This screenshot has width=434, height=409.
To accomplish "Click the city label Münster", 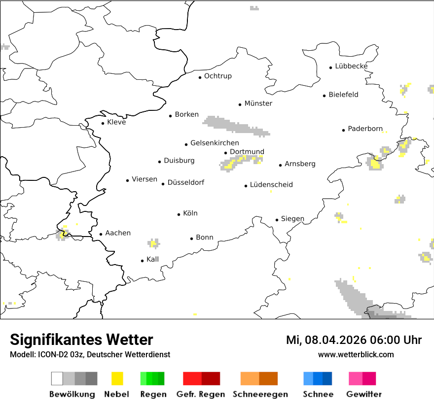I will click(258, 103).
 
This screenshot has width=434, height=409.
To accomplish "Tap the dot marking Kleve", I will click(103, 123).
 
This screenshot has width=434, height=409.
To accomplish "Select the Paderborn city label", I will click(365, 129).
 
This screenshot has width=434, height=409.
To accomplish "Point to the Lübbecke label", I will click(351, 66).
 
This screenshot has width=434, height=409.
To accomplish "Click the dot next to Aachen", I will click(101, 235).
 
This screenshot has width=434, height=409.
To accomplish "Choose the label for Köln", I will click(190, 213).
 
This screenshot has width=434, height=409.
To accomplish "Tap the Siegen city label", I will click(292, 219).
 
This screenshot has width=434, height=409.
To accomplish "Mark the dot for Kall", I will click(142, 261).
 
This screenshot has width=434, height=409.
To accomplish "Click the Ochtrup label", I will click(217, 76).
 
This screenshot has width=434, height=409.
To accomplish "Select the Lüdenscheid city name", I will click(271, 185).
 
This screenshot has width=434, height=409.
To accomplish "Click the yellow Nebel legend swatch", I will click(117, 378).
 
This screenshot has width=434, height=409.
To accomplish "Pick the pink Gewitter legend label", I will click(363, 394).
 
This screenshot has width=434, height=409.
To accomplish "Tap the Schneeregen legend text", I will click(260, 394).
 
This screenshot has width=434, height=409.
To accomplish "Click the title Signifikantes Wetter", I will click(81, 340).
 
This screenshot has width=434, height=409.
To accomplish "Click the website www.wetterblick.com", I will click(356, 355).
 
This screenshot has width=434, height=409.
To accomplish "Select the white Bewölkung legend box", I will click(57, 378).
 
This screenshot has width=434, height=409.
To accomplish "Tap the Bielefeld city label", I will click(343, 95).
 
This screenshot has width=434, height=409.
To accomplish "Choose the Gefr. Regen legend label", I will click(201, 394).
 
